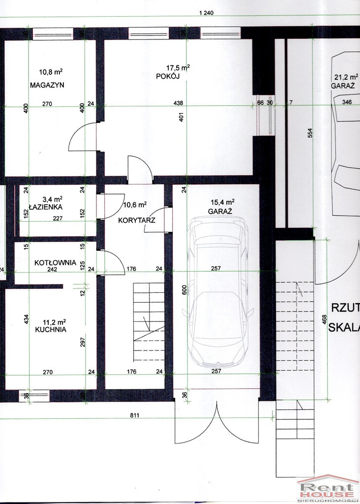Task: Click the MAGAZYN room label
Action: tap(47, 85)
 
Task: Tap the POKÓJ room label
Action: tap(168, 76)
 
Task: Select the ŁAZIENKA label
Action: tap(46, 207)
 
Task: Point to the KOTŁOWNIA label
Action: tap(55, 262)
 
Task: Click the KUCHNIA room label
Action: tap(51, 329)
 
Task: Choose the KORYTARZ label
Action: tap(137, 220)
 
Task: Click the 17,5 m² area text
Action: tap(178, 68)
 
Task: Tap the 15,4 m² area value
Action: tap(223, 202)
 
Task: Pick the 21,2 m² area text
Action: tap(346, 77)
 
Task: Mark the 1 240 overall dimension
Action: tap(206, 13)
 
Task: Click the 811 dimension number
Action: tap(135, 415)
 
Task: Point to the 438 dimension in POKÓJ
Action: tap(178, 103)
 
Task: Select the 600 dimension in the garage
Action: tap(184, 290)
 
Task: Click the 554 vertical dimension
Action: tap(310, 133)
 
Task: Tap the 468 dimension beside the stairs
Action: tap(325, 319)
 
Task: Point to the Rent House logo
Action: tap(328, 489)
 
